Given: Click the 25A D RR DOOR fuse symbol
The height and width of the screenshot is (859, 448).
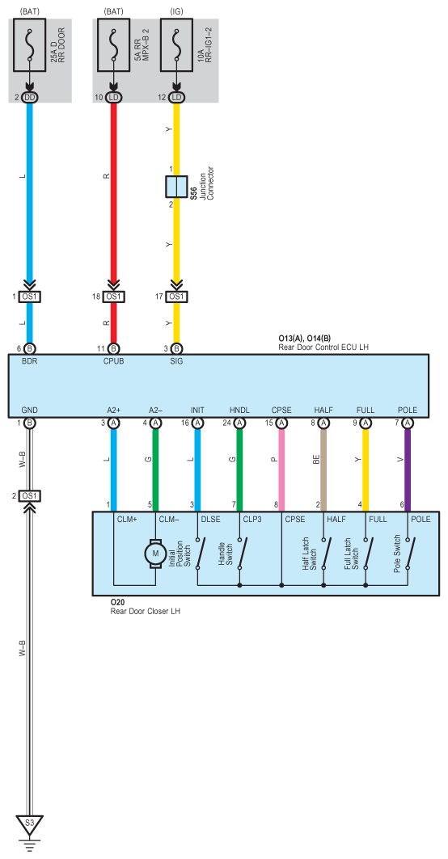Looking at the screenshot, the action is (x=30, y=44).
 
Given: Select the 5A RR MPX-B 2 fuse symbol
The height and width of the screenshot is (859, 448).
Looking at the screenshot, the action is (x=113, y=44).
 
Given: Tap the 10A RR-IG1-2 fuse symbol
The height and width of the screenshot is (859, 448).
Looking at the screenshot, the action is (x=176, y=44).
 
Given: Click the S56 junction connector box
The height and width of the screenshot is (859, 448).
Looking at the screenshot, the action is (x=176, y=187).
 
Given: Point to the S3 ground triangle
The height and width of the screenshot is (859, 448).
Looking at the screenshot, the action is (x=30, y=823).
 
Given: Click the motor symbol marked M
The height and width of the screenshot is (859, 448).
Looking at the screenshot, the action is (x=155, y=554).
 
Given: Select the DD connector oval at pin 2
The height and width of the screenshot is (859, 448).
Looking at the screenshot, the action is (x=30, y=98).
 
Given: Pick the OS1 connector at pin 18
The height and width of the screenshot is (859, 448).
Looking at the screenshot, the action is (x=113, y=297).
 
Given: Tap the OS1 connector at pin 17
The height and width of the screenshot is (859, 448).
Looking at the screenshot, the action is (x=176, y=297).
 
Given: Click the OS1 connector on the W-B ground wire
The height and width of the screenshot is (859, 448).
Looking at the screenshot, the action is (x=30, y=496).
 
